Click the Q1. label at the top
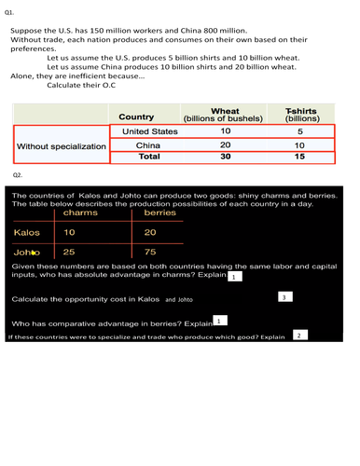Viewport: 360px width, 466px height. click(8, 12)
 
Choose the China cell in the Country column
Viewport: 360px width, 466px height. click(149, 145)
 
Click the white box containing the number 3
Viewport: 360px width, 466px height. click(286, 296)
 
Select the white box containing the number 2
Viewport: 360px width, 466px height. click(299, 335)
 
